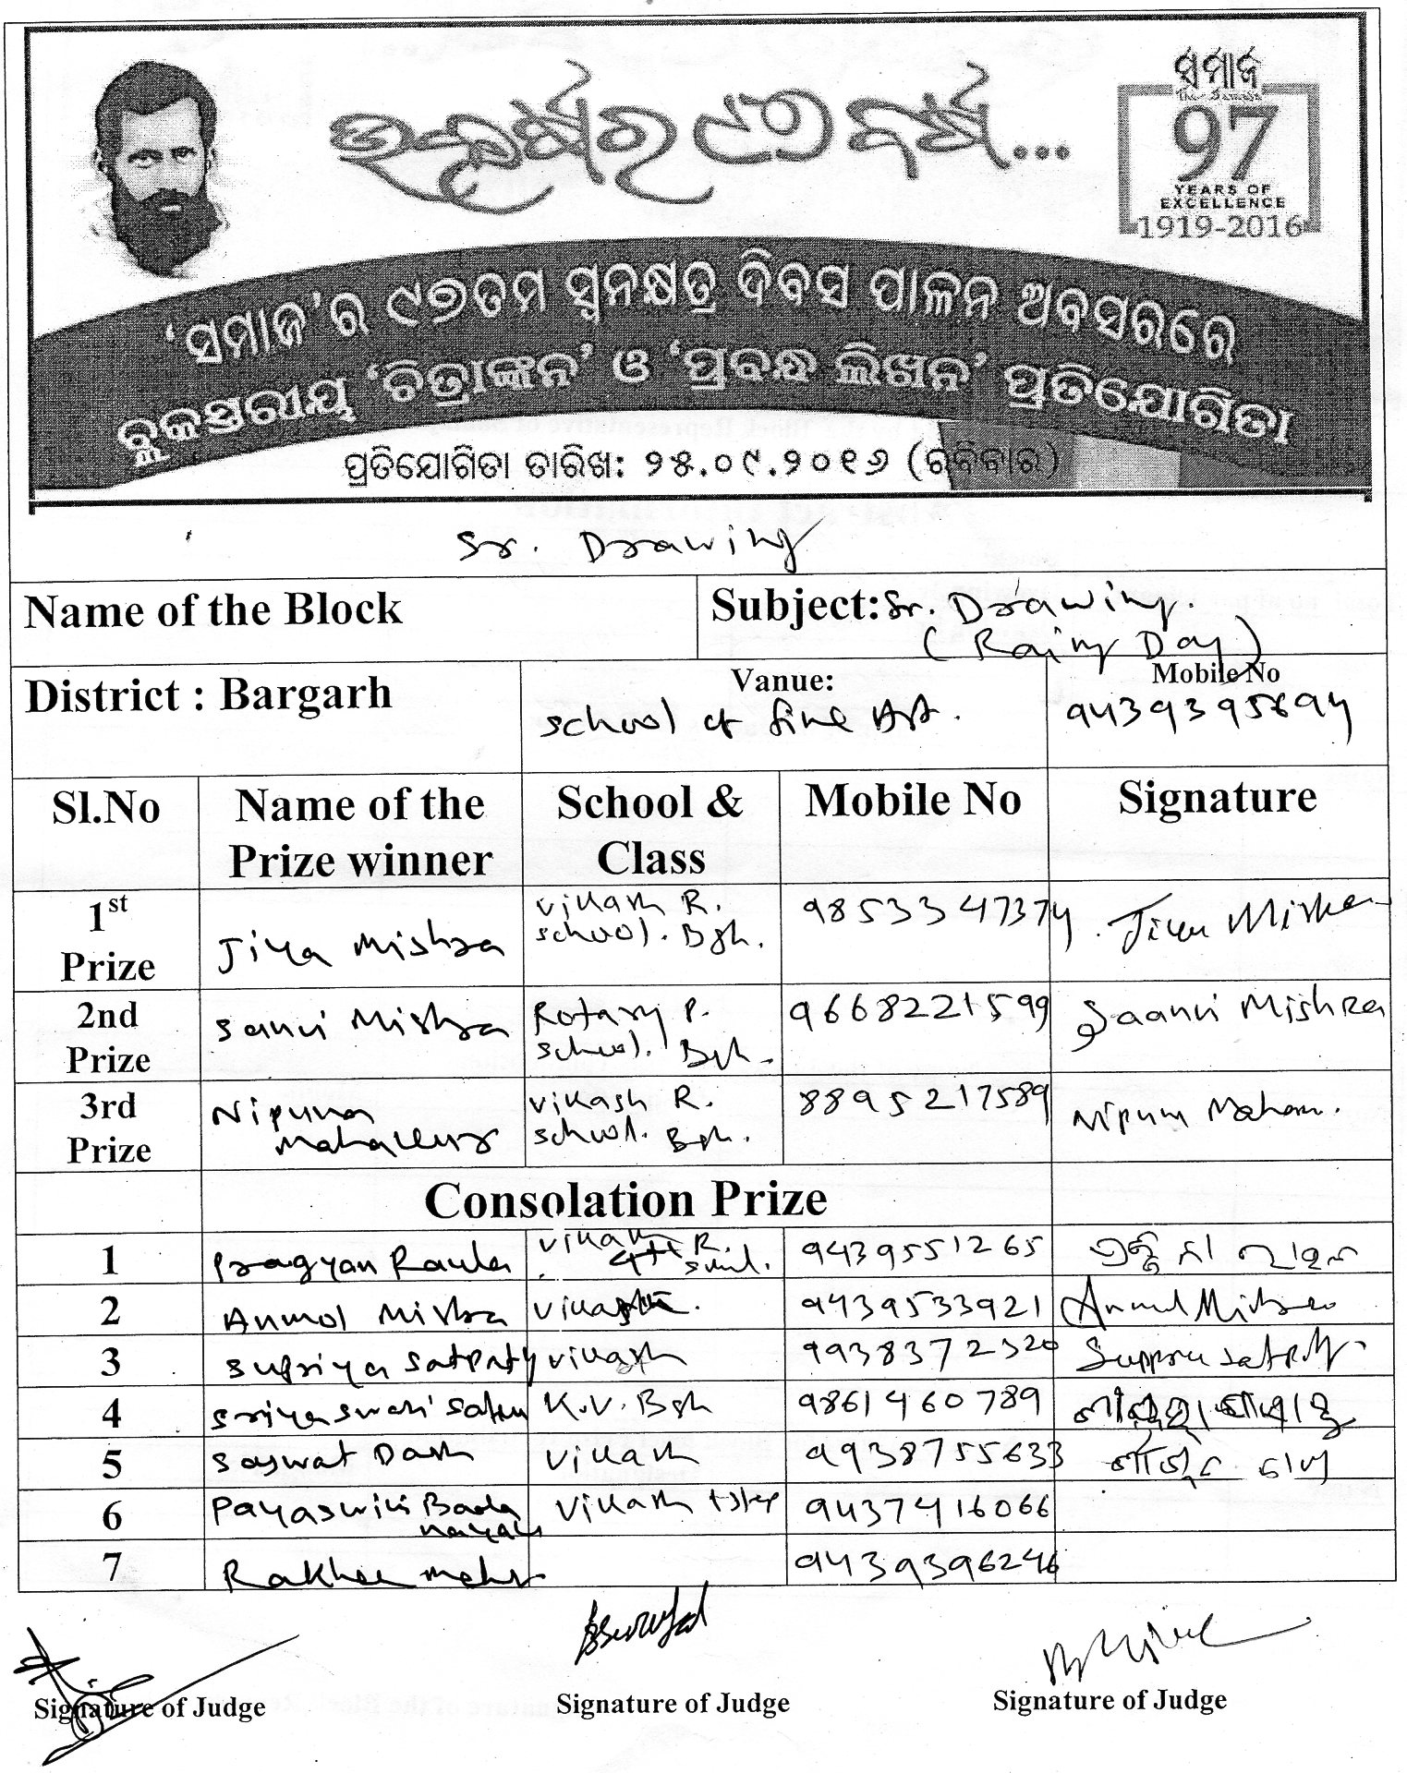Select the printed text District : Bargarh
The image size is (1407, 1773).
209,695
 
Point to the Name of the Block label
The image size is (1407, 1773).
213,610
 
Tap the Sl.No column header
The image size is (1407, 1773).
107,807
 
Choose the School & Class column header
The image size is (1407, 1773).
650,830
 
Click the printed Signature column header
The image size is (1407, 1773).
1217,798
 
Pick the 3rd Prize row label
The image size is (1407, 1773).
108,1128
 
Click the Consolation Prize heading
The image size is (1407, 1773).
625,1200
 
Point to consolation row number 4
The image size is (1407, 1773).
110,1414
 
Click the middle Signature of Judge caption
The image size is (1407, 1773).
673,1703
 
